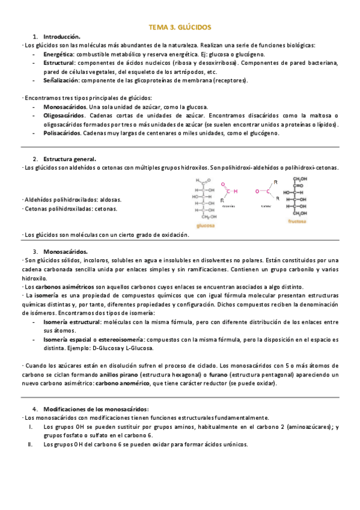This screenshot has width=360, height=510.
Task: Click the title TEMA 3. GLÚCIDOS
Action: tap(180, 27)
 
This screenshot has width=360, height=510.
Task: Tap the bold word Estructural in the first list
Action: tap(59, 63)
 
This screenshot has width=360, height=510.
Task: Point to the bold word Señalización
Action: tap(61, 80)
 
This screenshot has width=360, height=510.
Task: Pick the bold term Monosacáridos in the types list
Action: tap(64, 106)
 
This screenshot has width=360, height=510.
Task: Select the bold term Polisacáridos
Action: tap(62, 133)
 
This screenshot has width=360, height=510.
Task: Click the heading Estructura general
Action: tap(70, 159)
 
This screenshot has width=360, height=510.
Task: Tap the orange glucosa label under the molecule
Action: tap(206, 226)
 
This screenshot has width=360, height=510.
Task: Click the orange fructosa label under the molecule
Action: tap(296, 221)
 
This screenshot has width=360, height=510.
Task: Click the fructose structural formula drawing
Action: tap(296, 196)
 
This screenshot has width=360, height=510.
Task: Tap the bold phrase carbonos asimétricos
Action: tap(55, 286)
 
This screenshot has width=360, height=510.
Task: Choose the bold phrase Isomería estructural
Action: tap(72, 322)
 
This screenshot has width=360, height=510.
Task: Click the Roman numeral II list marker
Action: tap(29, 444)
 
